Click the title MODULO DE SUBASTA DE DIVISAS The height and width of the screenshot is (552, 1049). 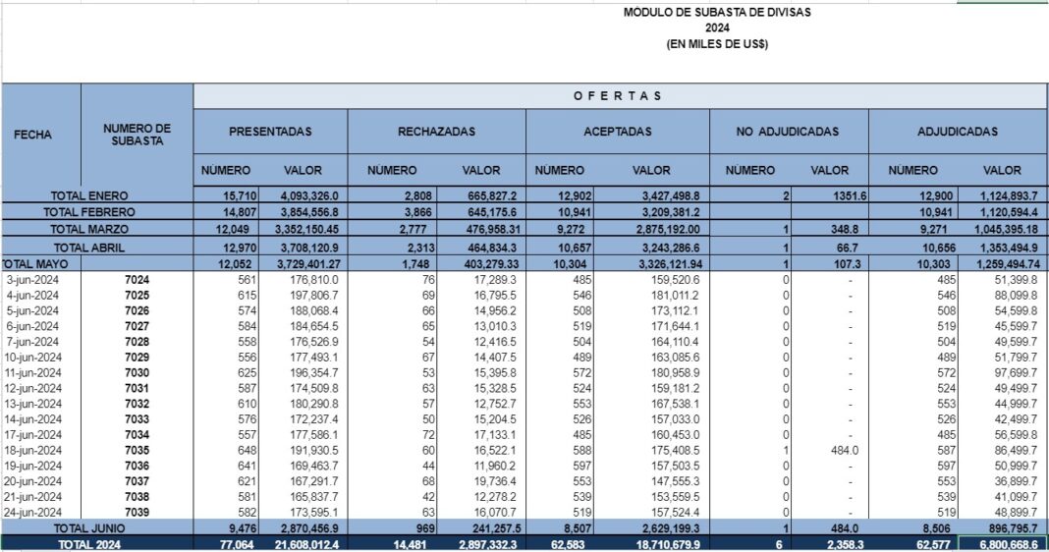[x=717, y=13]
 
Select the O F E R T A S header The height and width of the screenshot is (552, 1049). [x=619, y=96]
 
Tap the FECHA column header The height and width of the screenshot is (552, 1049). [x=33, y=135]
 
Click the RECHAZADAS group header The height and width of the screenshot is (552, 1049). [x=436, y=132]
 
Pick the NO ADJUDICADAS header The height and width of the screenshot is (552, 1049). [x=789, y=132]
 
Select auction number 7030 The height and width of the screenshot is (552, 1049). [x=137, y=373]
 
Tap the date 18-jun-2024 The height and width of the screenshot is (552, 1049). [x=34, y=449]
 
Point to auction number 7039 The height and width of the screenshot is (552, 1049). [x=137, y=512]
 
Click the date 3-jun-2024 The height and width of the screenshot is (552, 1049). [x=34, y=280]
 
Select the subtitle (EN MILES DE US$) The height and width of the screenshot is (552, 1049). [x=717, y=44]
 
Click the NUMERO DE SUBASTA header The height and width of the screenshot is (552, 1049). [x=137, y=135]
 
